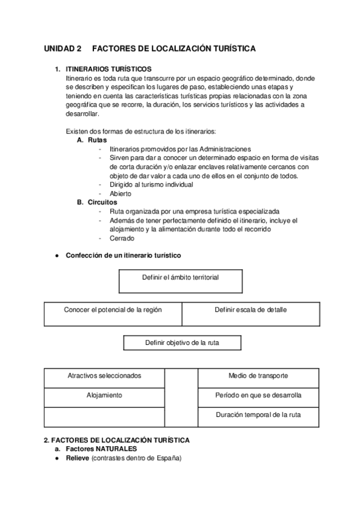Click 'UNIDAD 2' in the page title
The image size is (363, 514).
[x=62, y=48]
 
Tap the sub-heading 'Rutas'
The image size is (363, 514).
[x=97, y=140]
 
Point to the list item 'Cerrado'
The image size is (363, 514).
[x=122, y=238]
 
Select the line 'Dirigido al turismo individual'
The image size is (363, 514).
[x=152, y=184]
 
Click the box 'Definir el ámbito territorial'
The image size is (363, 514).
[x=181, y=278]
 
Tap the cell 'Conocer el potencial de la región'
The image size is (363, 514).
[x=113, y=310]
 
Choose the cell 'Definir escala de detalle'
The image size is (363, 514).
[x=250, y=310]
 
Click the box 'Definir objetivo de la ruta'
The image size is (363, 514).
[x=182, y=342]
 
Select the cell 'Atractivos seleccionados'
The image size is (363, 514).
[x=104, y=375]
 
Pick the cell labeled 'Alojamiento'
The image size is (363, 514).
[x=104, y=395]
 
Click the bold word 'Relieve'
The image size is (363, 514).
[x=78, y=458]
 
